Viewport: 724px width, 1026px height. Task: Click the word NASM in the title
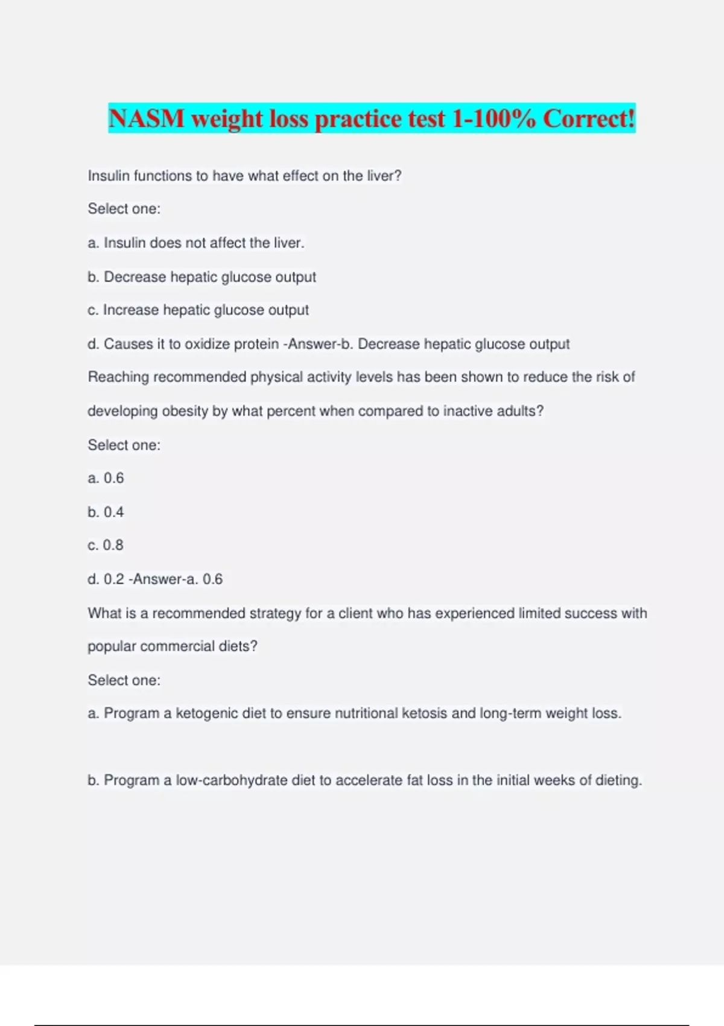point(147,118)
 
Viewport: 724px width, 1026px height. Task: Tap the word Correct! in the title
point(589,118)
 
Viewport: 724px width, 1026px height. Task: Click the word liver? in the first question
point(384,176)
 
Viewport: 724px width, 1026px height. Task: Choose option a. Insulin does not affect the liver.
point(196,243)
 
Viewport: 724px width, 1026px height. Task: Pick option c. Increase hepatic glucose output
point(198,310)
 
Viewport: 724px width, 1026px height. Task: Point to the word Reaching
point(118,377)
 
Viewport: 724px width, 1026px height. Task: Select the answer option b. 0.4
point(106,512)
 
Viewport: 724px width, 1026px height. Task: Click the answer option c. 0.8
point(106,545)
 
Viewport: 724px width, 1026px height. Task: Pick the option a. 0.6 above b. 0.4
point(106,478)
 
